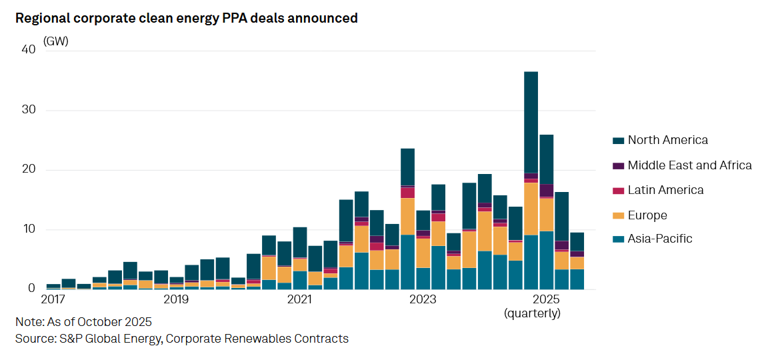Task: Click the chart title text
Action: (187, 18)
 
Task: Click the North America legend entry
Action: (667, 140)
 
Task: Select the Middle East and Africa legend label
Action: (689, 165)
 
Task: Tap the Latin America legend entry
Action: (665, 190)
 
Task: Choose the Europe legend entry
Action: (647, 215)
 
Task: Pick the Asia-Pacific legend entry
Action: (660, 239)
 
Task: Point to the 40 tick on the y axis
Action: (28, 49)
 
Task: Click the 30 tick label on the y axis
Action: (28, 110)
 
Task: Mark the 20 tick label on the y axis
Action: (28, 170)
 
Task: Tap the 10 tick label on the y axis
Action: (28, 230)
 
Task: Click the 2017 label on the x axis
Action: (53, 298)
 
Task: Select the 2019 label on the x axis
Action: (176, 298)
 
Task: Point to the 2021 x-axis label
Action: (299, 298)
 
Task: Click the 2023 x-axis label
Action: (423, 298)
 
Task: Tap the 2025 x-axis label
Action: (546, 298)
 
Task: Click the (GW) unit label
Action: (56, 41)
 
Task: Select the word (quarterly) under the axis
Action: (532, 313)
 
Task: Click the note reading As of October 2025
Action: (83, 322)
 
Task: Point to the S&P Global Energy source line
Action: (181, 339)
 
